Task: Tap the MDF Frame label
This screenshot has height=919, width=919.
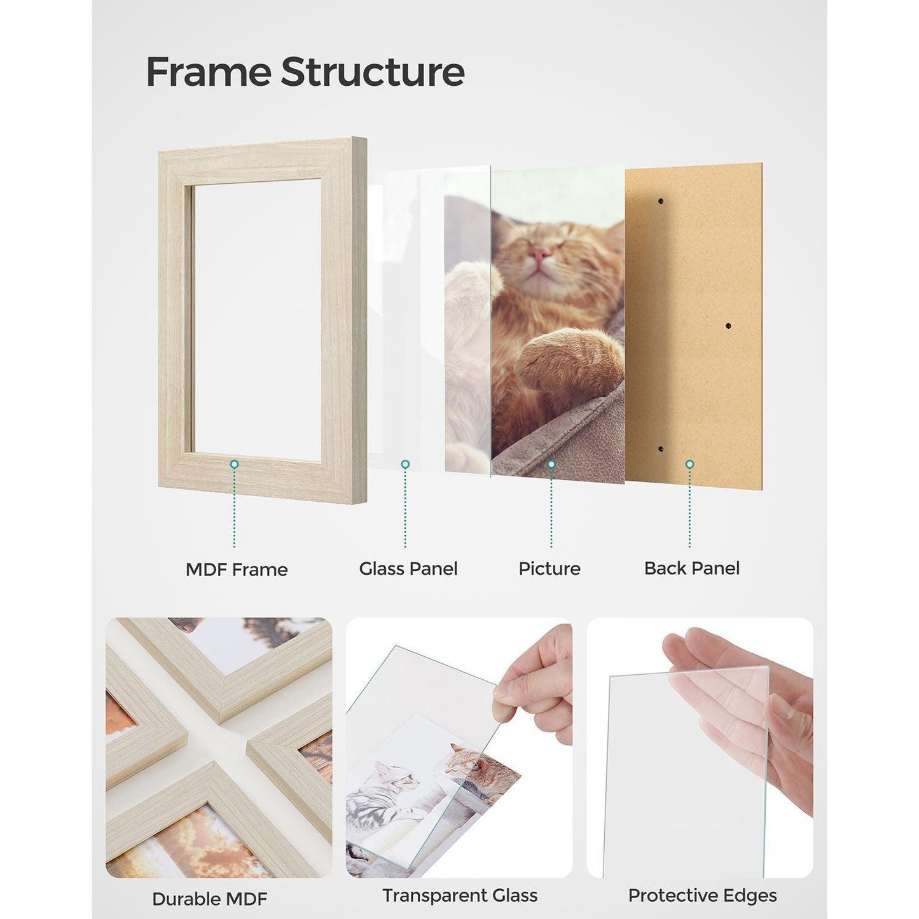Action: tap(236, 569)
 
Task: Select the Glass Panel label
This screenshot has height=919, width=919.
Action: tap(408, 569)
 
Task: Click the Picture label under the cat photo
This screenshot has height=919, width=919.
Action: tap(549, 569)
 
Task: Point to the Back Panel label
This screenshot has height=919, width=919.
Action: tap(691, 568)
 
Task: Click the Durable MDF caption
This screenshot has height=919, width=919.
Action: tap(209, 899)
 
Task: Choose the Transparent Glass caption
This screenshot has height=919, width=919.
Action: tap(459, 895)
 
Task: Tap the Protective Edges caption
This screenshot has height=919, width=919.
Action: tap(702, 895)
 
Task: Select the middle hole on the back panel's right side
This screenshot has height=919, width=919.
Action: tap(728, 326)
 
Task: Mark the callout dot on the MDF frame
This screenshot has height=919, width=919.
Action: tap(234, 465)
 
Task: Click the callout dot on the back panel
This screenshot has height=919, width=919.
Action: tap(689, 465)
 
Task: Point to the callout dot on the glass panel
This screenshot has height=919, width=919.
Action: tap(405, 465)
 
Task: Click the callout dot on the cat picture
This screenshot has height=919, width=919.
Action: tap(551, 465)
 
